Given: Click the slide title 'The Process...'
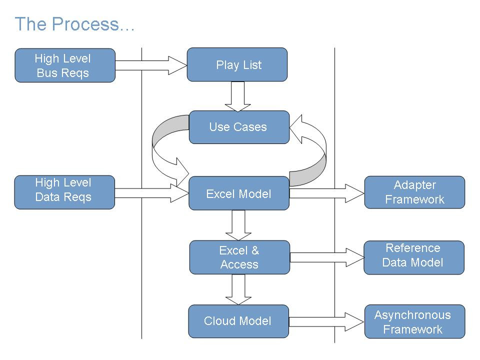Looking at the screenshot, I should click(74, 24).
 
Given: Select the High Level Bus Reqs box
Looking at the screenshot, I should click(65, 65).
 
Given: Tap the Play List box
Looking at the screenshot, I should click(237, 64).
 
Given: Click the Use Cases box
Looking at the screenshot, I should click(239, 127).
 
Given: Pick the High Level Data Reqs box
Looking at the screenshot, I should click(65, 192).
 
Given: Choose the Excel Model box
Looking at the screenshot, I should click(239, 193).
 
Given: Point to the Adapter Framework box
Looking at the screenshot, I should click(414, 192).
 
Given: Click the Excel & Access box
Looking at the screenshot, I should click(239, 257).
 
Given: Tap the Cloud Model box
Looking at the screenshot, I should click(238, 321).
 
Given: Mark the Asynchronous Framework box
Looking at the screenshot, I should click(414, 321).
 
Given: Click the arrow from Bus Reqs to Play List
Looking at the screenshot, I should click(150, 65).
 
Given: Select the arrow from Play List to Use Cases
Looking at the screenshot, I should click(237, 96).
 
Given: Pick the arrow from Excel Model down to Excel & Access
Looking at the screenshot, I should click(238, 224).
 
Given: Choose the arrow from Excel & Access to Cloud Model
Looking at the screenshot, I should click(238, 289).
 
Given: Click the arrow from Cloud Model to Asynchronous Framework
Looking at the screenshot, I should click(325, 321).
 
